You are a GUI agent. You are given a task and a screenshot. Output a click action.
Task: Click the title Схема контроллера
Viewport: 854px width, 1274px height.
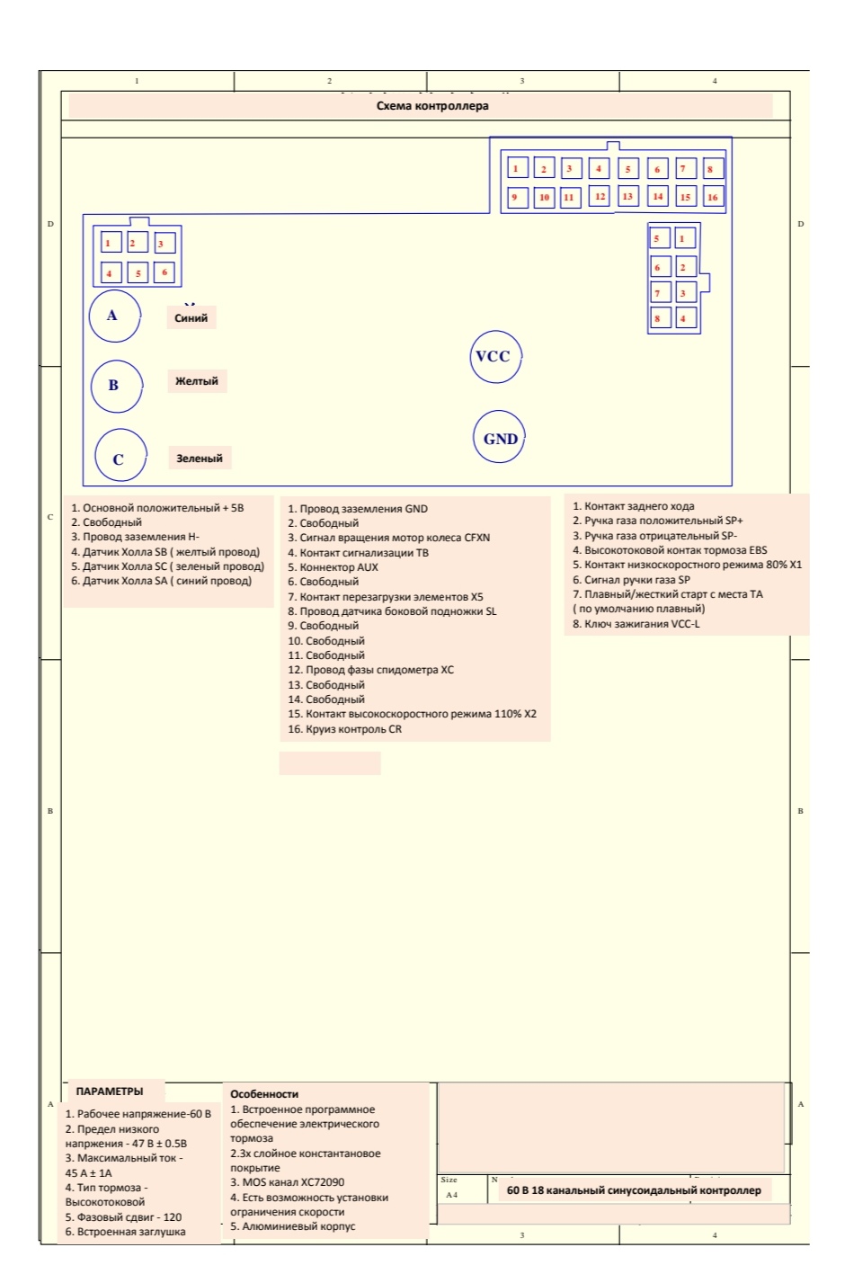[432, 106]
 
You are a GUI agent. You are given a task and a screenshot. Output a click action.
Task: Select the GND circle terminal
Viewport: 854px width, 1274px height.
[499, 438]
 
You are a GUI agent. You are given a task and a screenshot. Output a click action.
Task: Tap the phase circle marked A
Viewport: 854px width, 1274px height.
[114, 316]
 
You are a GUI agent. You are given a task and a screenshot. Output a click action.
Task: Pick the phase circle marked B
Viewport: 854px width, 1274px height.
[116, 386]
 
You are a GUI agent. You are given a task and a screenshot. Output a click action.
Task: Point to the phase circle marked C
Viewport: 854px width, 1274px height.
[120, 459]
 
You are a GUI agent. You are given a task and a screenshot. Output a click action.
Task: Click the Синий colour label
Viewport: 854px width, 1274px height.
[191, 318]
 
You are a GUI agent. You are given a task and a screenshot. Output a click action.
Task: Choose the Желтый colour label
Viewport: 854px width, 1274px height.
[196, 381]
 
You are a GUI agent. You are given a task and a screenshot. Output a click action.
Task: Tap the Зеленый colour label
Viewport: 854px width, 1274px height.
[199, 459]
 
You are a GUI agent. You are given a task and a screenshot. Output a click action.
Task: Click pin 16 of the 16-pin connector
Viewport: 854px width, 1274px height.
[713, 197]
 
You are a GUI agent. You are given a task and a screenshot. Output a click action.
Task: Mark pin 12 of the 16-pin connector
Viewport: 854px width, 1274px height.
[600, 196]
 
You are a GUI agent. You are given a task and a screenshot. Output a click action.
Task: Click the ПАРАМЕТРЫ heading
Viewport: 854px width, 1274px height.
[110, 1091]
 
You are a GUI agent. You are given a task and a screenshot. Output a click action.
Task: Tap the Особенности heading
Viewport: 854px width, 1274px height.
[264, 1094]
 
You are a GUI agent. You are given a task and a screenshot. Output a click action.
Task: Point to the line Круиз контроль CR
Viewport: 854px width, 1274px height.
[345, 729]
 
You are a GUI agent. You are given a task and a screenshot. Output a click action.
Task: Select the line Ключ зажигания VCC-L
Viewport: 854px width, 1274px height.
[636, 624]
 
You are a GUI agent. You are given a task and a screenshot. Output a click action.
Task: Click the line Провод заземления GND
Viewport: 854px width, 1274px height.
[358, 509]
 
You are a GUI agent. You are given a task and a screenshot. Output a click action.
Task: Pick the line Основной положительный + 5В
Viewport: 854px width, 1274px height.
[158, 508]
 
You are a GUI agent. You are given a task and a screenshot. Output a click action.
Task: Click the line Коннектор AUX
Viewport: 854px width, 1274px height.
[334, 567]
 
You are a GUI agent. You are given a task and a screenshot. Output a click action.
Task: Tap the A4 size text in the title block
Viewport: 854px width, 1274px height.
[451, 1195]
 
